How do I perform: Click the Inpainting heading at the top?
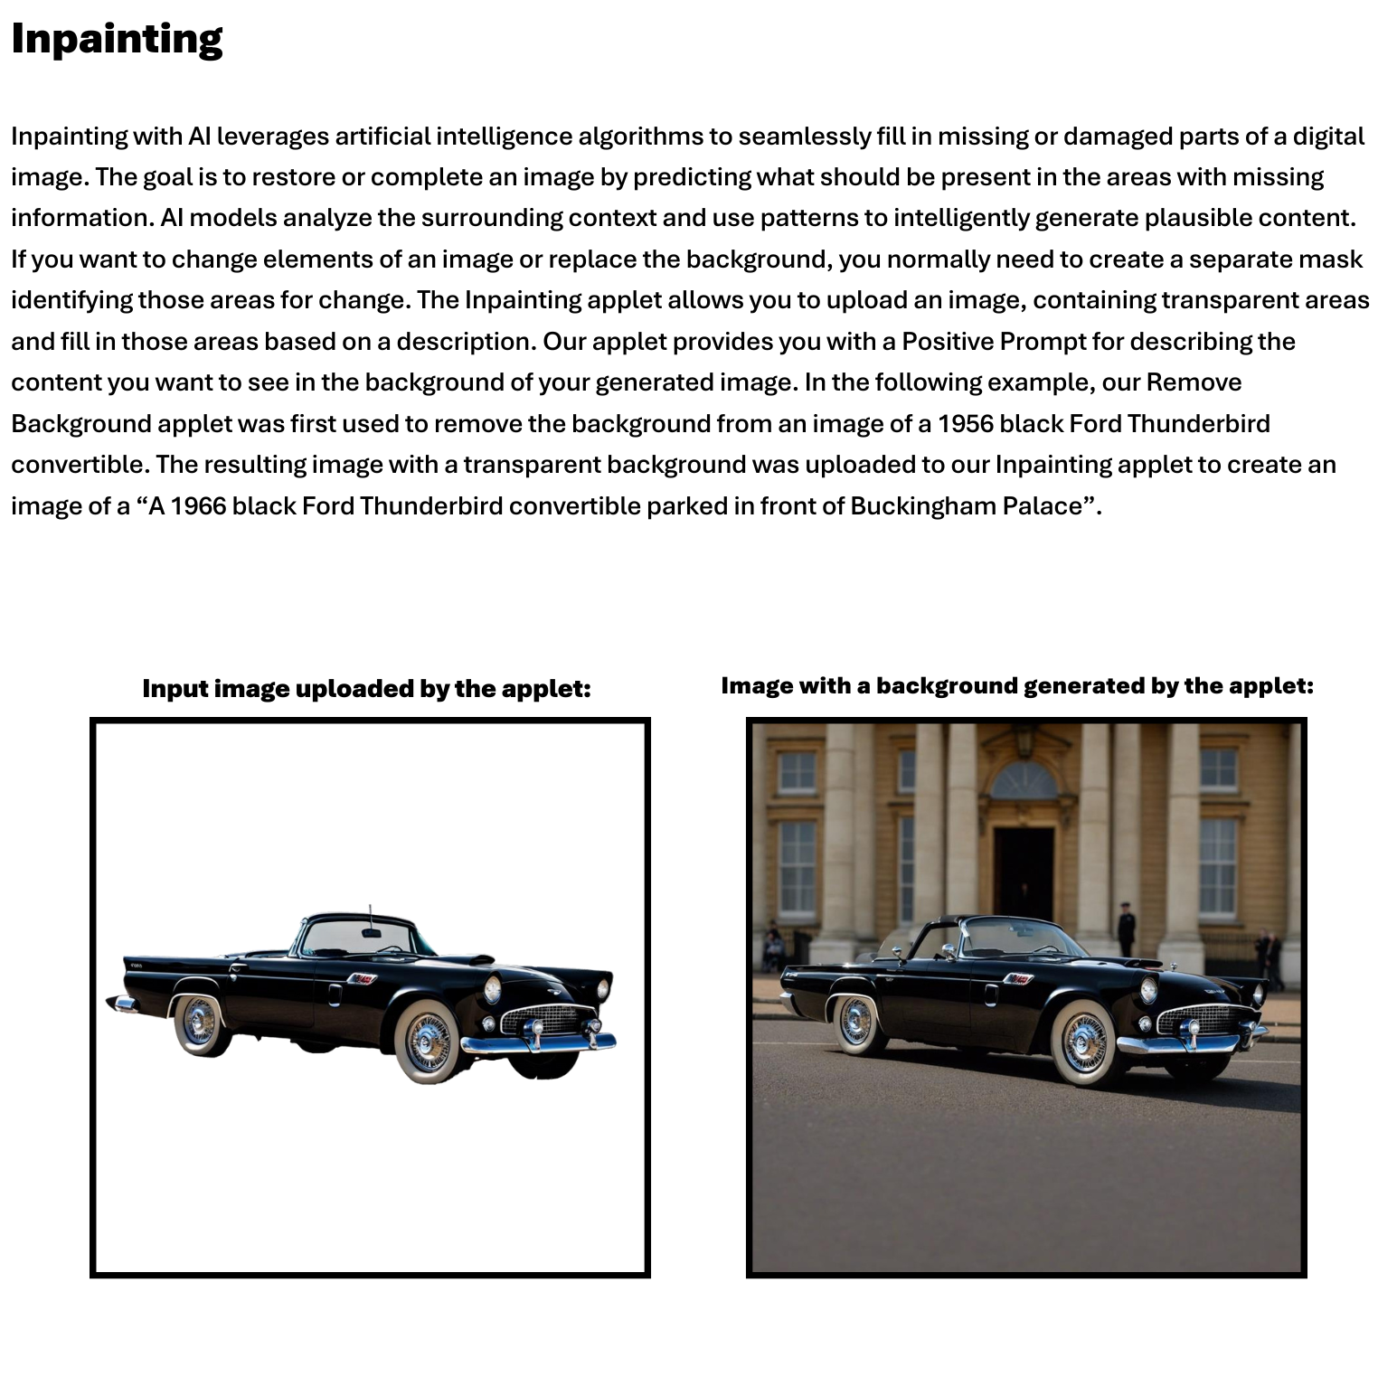tap(117, 39)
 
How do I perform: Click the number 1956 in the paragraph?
tap(965, 423)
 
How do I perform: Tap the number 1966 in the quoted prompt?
tap(198, 505)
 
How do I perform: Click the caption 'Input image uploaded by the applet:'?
tap(366, 688)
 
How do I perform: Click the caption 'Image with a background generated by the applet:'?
tap(1016, 685)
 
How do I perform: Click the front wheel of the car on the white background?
tap(428, 1042)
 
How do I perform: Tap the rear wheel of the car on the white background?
tap(199, 1023)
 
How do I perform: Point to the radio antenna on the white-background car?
tap(370, 915)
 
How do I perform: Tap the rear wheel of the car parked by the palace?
tap(855, 1023)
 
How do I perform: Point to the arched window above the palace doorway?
tap(1024, 779)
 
